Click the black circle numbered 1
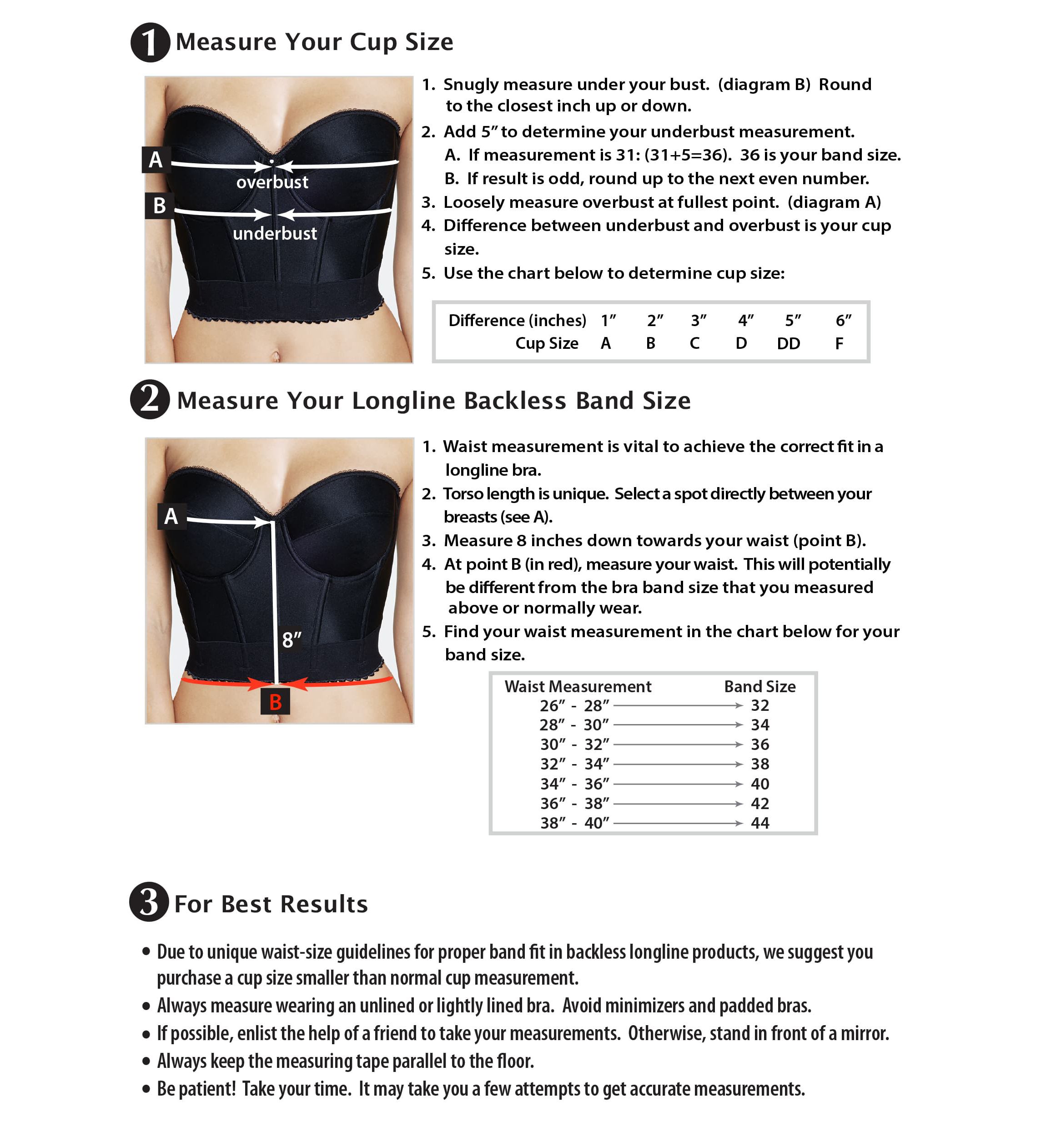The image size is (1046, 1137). (150, 42)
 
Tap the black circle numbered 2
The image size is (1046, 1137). (150, 400)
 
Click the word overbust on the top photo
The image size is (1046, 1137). (272, 182)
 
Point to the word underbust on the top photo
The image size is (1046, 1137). (275, 233)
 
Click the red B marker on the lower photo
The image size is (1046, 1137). (275, 702)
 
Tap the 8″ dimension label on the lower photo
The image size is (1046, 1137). (292, 640)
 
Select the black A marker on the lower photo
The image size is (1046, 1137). (171, 516)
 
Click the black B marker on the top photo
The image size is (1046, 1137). (159, 206)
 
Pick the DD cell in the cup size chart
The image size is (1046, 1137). (789, 343)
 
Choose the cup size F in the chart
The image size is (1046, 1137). (840, 343)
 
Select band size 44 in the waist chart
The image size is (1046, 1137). (759, 823)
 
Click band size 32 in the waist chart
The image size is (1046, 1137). (759, 705)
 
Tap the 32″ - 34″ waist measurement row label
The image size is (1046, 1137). (574, 764)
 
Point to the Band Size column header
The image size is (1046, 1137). (759, 686)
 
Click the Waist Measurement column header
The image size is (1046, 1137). (578, 686)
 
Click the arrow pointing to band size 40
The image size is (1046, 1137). (678, 784)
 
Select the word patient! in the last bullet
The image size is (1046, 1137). (207, 1088)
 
